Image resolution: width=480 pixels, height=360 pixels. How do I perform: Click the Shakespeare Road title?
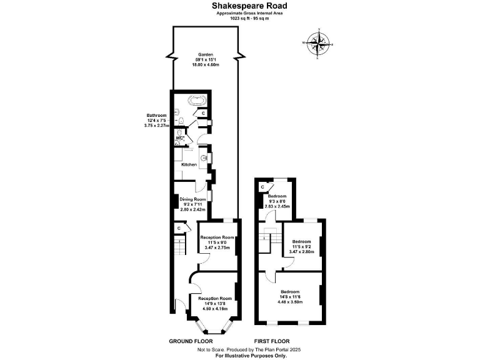coord(240,5)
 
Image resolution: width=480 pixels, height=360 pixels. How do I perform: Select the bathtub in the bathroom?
coord(197,100)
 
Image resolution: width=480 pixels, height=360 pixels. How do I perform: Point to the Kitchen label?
coord(189,164)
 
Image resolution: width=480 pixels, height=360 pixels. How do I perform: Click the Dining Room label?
coord(194,199)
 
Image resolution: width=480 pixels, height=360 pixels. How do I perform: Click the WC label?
coord(179,138)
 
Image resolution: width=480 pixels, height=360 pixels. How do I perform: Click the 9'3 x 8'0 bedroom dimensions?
coord(277,201)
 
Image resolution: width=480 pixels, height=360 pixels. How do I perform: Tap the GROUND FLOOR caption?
coord(191,341)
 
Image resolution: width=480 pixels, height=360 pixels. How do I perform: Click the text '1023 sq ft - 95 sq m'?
coord(240,17)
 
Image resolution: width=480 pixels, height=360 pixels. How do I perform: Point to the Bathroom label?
coord(156,116)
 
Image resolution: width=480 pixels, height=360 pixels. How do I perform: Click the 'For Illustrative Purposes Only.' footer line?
coord(251,355)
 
